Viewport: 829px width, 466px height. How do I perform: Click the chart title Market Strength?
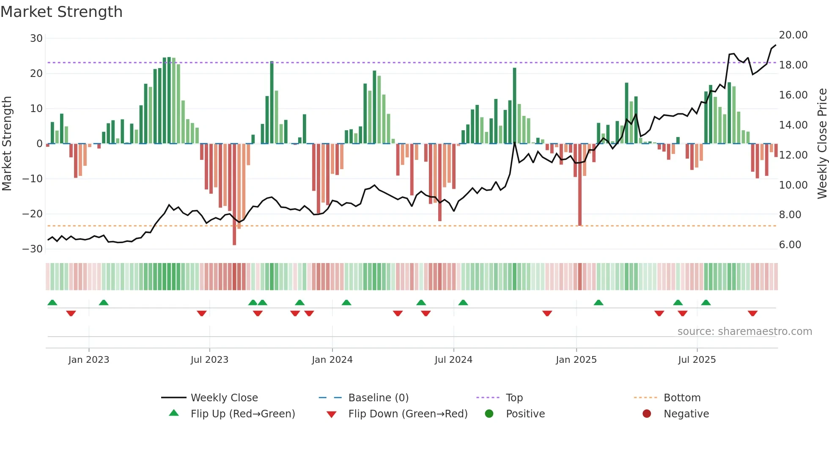point(61,12)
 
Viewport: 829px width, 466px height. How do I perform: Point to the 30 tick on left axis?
point(36,38)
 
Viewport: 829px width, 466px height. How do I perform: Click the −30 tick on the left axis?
point(33,249)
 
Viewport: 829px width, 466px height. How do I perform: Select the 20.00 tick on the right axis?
point(793,35)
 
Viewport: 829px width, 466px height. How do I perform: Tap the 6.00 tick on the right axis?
point(790,245)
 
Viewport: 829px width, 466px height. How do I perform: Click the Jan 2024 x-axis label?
point(332,360)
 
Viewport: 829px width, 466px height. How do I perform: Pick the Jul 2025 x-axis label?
point(697,360)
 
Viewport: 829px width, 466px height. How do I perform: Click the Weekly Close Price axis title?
point(822,143)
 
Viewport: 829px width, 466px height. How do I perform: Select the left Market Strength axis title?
point(7,143)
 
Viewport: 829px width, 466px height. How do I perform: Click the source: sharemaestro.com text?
point(744,332)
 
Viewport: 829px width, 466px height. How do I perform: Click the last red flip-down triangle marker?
point(752,313)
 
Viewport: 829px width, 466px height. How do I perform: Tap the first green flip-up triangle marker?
point(52,302)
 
